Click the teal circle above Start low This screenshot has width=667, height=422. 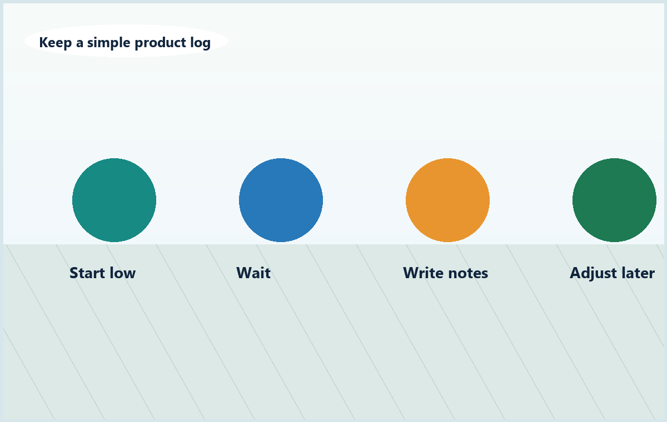point(114,200)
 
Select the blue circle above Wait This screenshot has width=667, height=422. point(281,200)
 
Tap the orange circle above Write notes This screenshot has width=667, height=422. point(447,200)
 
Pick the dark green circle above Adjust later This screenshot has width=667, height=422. point(614,200)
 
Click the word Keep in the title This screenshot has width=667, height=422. point(56,43)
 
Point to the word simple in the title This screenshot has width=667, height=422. point(109,43)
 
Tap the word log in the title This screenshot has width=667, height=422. point(201,43)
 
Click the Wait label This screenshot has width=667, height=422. point(253,273)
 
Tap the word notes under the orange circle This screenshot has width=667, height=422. point(468,273)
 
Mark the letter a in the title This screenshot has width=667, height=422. point(79,43)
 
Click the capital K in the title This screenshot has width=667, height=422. point(43,42)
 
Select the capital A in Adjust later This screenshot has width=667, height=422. point(575,273)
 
